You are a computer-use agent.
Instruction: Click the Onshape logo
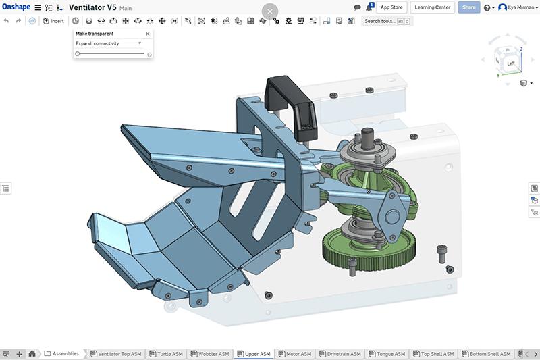pyautogui.click(x=16, y=7)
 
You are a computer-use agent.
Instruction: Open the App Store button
pyautogui.click(x=391, y=7)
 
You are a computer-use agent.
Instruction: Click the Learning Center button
pyautogui.click(x=432, y=7)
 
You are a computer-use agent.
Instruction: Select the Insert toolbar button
pyautogui.click(x=53, y=21)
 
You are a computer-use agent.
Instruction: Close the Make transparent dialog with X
pyautogui.click(x=148, y=33)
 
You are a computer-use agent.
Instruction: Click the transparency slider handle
pyautogui.click(x=78, y=53)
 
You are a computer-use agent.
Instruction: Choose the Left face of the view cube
pyautogui.click(x=510, y=63)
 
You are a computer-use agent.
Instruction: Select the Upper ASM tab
pyautogui.click(x=254, y=354)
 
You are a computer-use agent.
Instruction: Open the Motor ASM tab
pyautogui.click(x=296, y=354)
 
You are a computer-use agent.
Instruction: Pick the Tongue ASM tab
pyautogui.click(x=388, y=354)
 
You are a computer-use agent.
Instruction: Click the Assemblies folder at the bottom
pyautogui.click(x=62, y=353)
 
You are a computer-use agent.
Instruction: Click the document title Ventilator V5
pyautogui.click(x=92, y=7)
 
